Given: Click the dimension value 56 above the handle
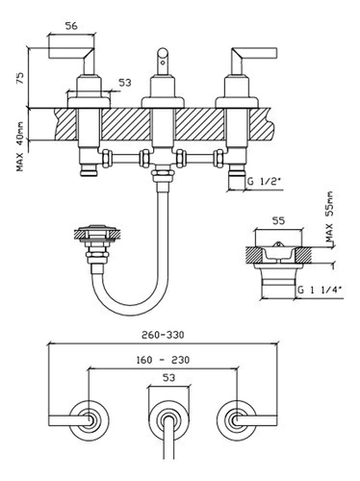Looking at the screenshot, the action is click(71, 26).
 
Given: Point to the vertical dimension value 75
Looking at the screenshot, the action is click(20, 78).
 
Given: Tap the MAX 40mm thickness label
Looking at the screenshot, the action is click(20, 146).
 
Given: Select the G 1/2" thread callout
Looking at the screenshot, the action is click(264, 181).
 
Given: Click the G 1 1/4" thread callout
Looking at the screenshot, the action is click(320, 290).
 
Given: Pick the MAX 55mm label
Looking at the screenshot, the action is click(329, 216).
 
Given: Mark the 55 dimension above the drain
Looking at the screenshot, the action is click(278, 220).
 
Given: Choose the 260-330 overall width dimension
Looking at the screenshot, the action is click(163, 335).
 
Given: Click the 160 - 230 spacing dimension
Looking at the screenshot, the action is click(163, 360).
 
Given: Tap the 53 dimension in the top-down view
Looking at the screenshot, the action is click(169, 378).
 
